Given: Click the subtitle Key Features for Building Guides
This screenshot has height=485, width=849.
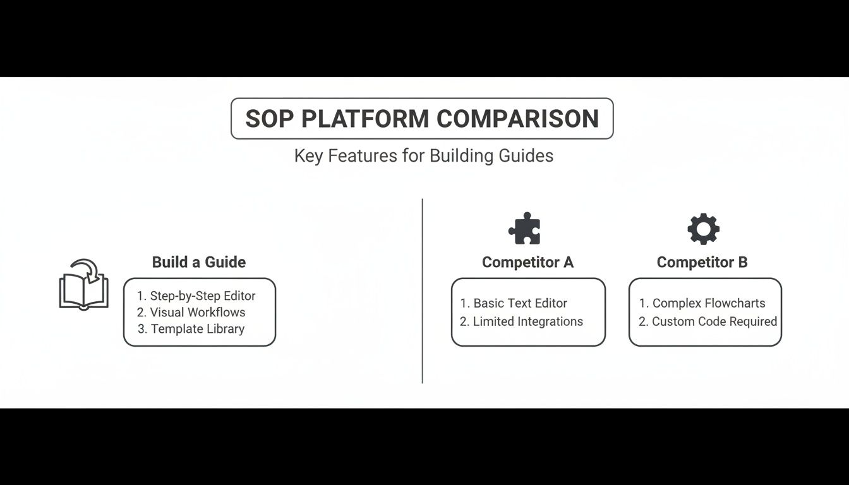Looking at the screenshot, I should point(423,155).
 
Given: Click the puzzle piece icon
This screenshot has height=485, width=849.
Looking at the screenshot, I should point(525,229).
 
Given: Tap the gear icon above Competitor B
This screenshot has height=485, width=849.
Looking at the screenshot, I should point(703,229).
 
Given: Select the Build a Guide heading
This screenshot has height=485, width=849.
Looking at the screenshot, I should point(199,262).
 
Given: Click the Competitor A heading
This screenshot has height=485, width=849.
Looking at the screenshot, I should point(527,262).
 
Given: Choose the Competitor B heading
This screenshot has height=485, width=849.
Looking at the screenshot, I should point(702,262).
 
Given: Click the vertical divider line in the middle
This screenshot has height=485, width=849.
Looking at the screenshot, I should point(422,290).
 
